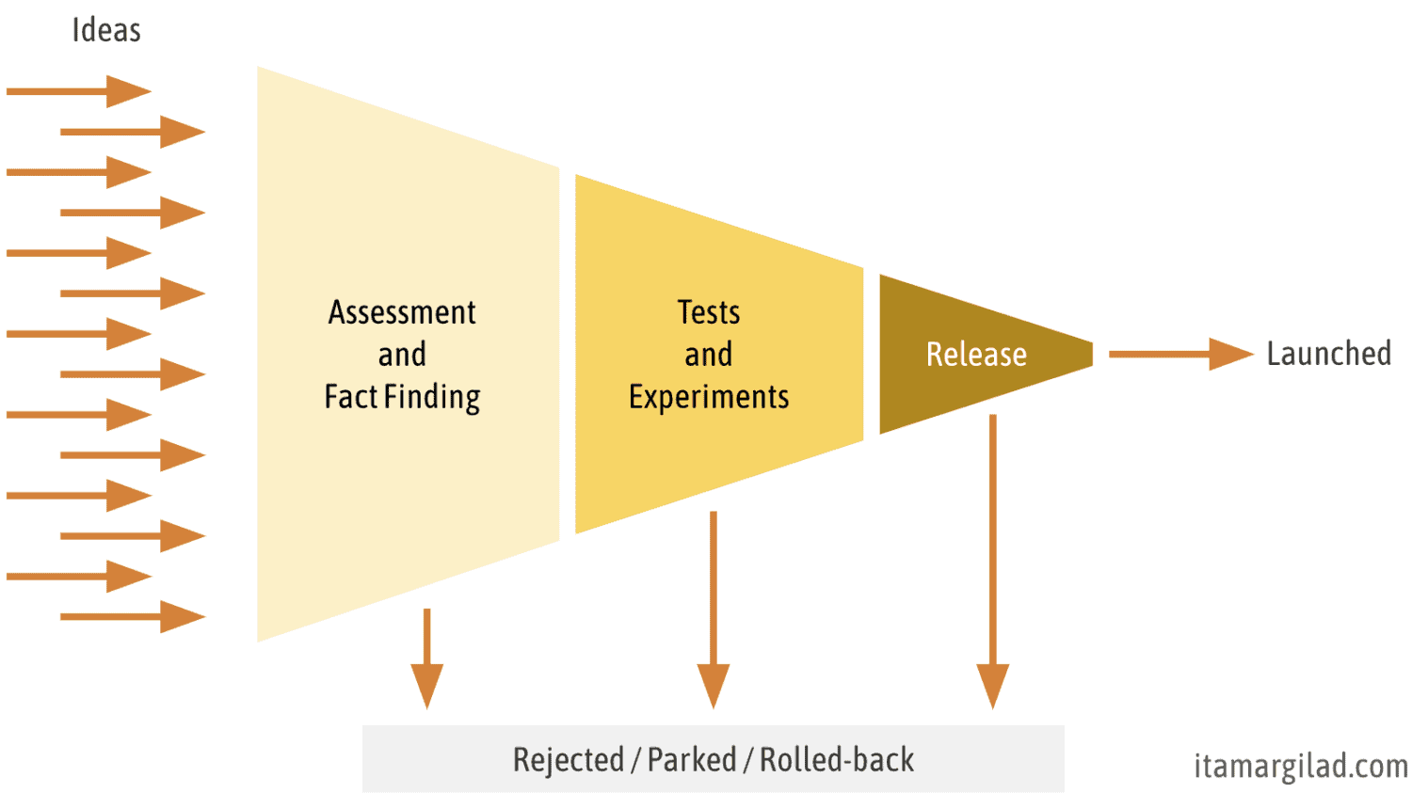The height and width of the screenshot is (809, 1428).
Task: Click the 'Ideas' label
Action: pos(106,30)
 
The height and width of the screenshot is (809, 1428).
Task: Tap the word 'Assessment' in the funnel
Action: pos(402,312)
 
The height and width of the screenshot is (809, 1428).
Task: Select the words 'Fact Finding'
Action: pos(402,397)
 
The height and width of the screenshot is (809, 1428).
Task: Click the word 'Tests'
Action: pos(709,312)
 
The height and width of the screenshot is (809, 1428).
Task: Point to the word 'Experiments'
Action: pos(709,397)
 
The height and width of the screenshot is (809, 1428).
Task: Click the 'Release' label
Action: pos(976,355)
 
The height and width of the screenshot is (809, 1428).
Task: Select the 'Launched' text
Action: pos(1328,354)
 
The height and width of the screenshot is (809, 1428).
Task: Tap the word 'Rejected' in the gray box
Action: pos(569,760)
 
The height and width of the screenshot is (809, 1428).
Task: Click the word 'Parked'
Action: pos(692,760)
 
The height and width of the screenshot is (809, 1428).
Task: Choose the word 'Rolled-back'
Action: pos(837,760)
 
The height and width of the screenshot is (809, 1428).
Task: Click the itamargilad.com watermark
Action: pos(1301,767)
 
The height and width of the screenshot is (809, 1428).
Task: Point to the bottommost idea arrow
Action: pos(133,617)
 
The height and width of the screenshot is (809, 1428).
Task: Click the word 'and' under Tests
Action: pos(709,355)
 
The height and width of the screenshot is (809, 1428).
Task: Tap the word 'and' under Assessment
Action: pos(402,355)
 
